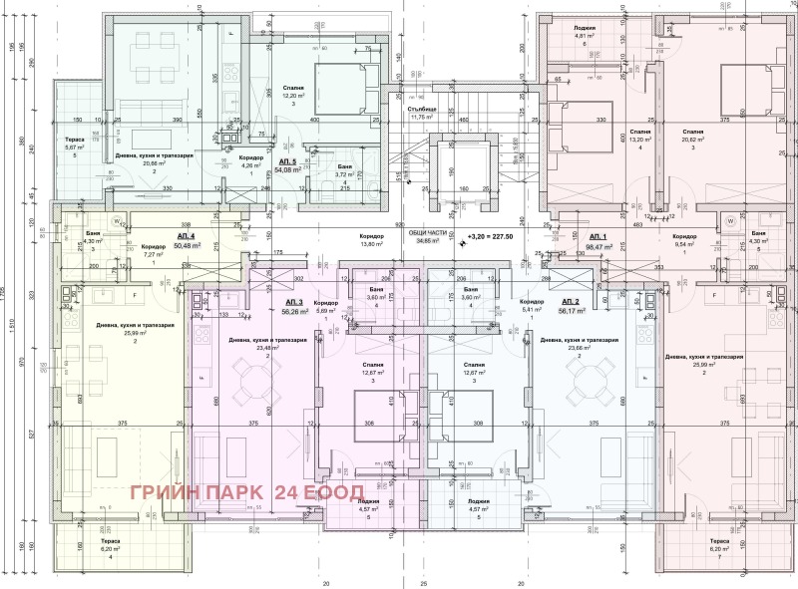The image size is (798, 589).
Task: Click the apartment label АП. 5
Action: [x=288, y=160]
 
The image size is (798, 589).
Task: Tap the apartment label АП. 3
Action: [x=293, y=301]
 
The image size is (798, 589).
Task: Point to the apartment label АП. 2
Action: [x=571, y=301]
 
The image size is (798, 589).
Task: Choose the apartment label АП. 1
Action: [x=572, y=236]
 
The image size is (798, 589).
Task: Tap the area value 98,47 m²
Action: [x=572, y=246]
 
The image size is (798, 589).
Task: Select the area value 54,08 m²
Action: [x=288, y=170]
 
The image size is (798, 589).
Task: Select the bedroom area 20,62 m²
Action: [x=695, y=141]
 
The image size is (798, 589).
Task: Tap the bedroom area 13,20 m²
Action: [x=640, y=141]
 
